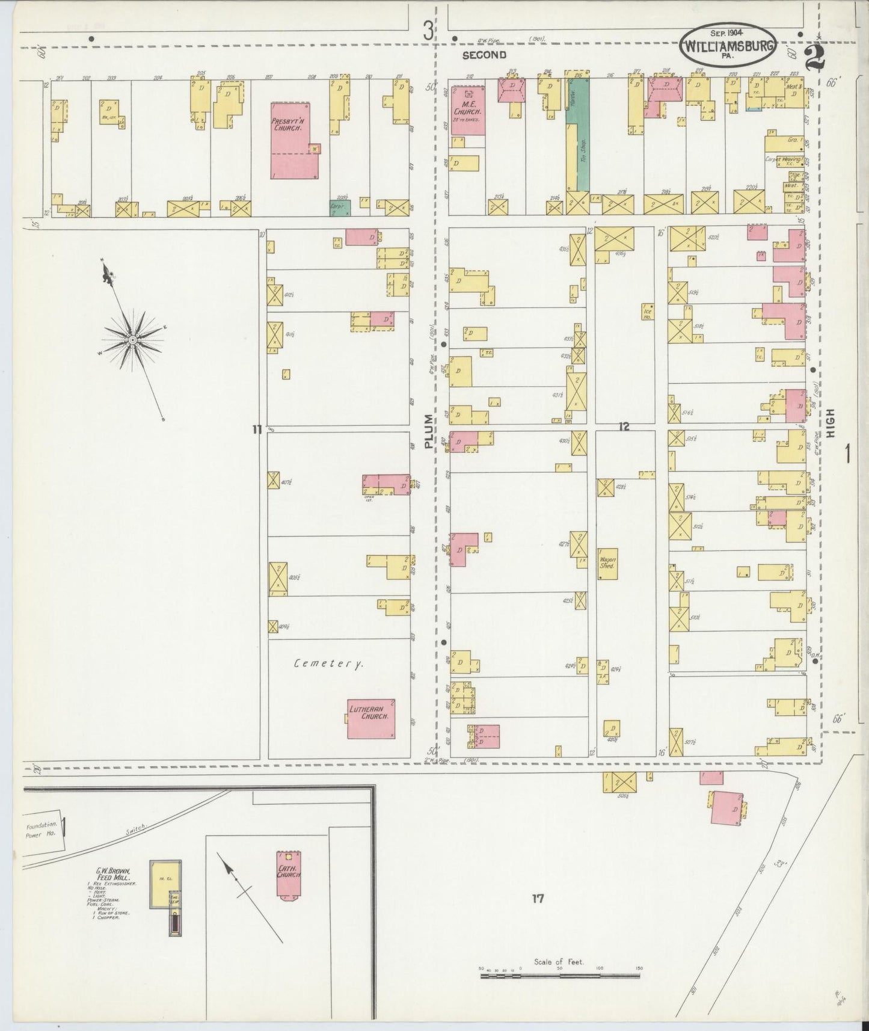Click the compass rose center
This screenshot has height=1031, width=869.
[132, 340]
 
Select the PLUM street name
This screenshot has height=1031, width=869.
[428, 431]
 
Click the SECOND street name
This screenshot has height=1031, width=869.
[484, 55]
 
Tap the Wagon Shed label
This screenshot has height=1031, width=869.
[607, 563]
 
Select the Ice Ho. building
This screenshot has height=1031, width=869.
[648, 312]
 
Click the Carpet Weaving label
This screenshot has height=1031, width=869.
[784, 159]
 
